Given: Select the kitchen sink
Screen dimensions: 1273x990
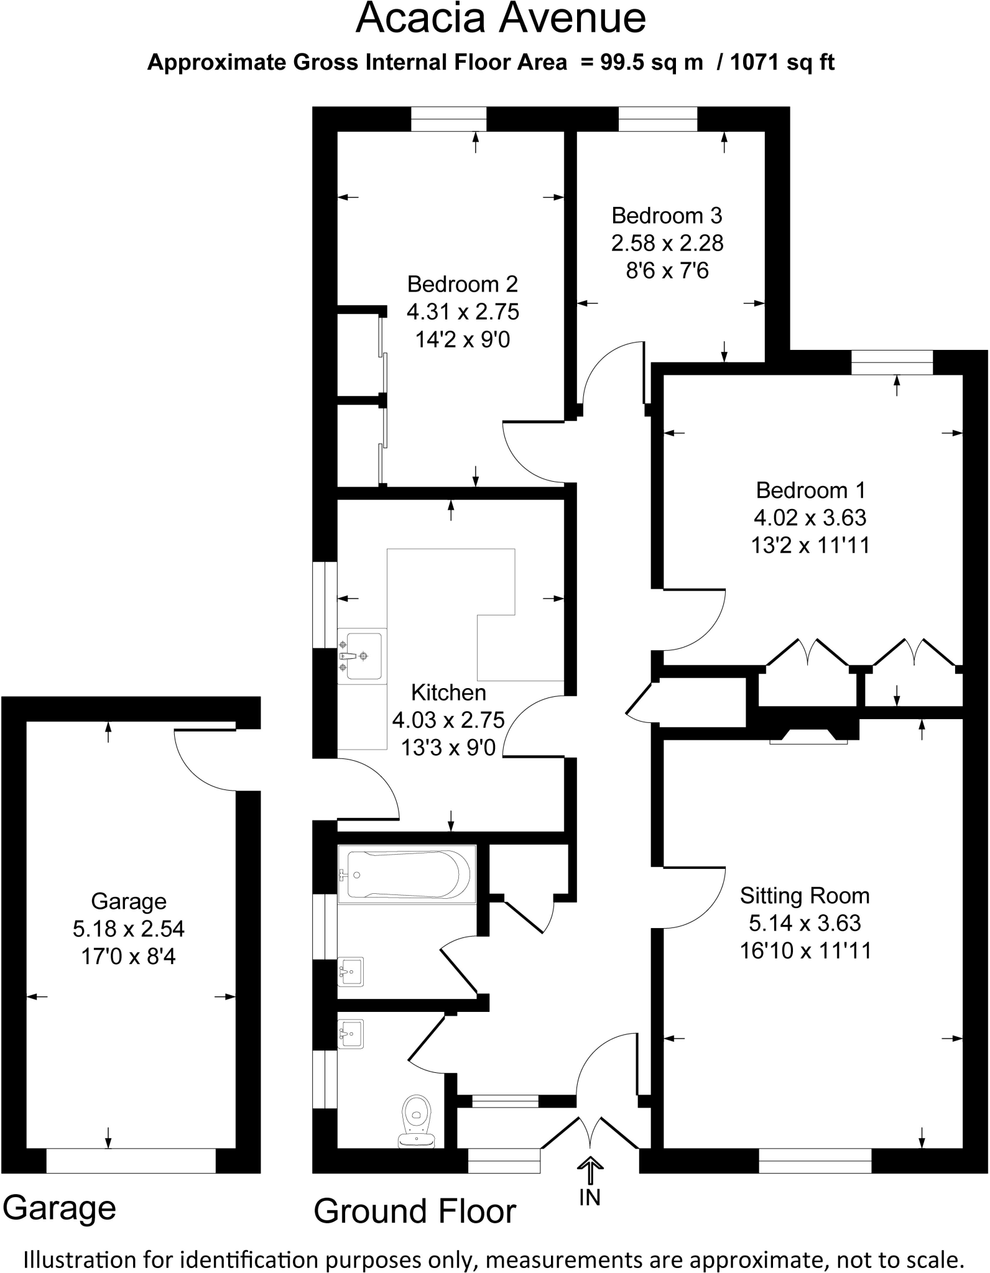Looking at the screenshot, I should pyautogui.click(x=363, y=656).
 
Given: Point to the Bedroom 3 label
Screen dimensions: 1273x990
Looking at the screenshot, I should pyautogui.click(x=667, y=216).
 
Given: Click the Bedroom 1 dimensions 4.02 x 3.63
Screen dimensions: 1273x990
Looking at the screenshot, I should pyautogui.click(x=810, y=518).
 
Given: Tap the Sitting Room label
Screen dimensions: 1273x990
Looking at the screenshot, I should pyautogui.click(x=805, y=896).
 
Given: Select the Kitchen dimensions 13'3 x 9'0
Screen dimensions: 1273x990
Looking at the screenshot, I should pyautogui.click(x=448, y=747).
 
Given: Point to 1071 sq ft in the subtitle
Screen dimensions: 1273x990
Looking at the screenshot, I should pyautogui.click(x=782, y=63).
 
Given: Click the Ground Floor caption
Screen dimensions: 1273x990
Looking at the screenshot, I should pyautogui.click(x=415, y=1211).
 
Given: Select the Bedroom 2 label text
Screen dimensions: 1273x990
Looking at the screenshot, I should pyautogui.click(x=462, y=284).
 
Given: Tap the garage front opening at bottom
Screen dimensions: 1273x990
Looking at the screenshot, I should pyautogui.click(x=131, y=1160).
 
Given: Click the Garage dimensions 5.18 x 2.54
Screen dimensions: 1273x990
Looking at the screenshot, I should pyautogui.click(x=129, y=929).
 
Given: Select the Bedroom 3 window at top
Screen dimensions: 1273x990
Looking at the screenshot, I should pyautogui.click(x=658, y=119).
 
